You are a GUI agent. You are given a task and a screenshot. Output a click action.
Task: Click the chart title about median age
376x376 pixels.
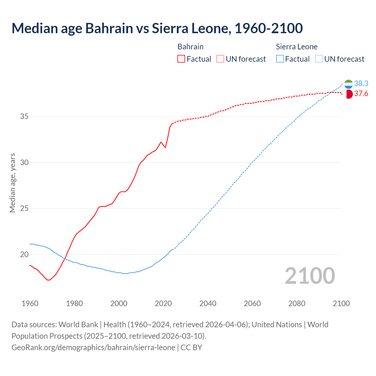tap(157, 28)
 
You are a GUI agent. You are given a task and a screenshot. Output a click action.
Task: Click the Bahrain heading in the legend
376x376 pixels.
tap(190, 47)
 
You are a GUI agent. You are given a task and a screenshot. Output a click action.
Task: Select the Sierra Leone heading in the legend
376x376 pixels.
tap(296, 47)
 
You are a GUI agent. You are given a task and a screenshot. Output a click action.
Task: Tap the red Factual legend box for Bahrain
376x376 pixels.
tap(181, 59)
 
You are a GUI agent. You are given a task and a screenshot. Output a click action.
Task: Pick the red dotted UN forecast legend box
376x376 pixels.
tap(220, 59)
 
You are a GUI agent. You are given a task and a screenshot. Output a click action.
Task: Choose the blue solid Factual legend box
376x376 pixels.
tap(280, 59)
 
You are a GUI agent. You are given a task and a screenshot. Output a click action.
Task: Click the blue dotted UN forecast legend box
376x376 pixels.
tap(319, 59)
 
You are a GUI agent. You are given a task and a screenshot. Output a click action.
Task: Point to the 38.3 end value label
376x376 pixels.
tap(361, 84)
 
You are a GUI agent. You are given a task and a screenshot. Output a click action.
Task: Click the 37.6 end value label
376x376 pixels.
tap(361, 94)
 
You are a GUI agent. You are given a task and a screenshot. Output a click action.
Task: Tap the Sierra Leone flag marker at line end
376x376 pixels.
tap(348, 84)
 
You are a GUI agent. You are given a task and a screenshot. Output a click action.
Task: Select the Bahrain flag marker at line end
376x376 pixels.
tap(348, 94)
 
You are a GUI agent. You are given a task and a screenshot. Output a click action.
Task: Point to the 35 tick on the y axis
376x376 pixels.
tap(24, 116)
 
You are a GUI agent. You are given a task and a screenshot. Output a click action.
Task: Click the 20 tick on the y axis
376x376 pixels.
tap(24, 254)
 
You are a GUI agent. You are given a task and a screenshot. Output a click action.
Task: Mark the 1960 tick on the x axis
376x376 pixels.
tap(30, 303)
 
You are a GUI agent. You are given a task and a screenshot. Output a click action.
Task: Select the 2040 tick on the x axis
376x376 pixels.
tap(208, 303)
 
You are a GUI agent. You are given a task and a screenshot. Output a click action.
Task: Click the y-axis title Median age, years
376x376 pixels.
tap(12, 183)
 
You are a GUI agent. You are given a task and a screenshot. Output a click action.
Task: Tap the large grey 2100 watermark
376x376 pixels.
tap(310, 276)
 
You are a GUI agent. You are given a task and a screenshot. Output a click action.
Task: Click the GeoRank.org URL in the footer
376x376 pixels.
tap(93, 348)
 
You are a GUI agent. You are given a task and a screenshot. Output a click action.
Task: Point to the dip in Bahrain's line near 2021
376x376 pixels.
tap(165, 147)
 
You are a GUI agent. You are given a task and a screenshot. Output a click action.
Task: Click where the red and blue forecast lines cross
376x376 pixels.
tap(330, 93)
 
